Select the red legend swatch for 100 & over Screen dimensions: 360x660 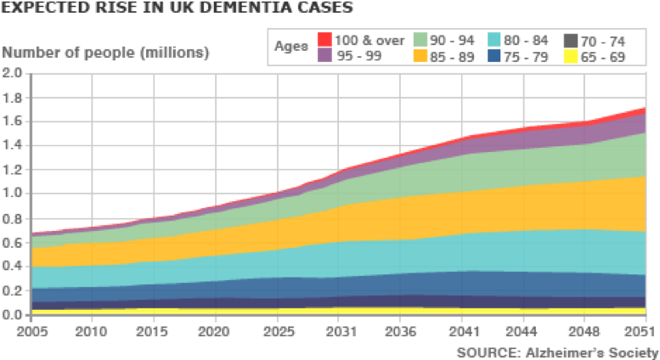coord(324,39)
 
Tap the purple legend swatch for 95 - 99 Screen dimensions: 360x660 coord(324,55)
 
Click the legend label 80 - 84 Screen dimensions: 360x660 coord(527,40)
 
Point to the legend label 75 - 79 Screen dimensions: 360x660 coord(527,56)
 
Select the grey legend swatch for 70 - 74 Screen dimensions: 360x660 coord(570,39)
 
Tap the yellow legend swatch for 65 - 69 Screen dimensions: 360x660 coord(570,55)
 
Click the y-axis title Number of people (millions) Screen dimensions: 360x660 coord(105,52)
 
